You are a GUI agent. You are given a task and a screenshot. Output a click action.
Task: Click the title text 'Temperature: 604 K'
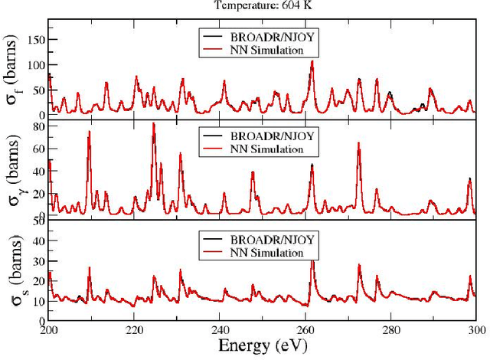tap(261, 5)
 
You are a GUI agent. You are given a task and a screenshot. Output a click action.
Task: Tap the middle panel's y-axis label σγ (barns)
tap(15, 173)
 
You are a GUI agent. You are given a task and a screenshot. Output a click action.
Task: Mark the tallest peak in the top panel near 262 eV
tap(312, 61)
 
